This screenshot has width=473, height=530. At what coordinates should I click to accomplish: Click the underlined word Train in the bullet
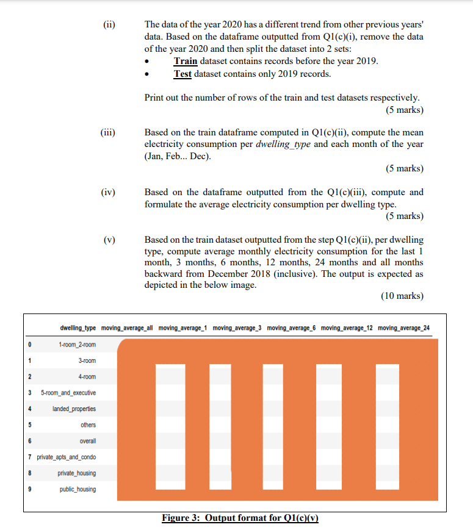[x=186, y=61]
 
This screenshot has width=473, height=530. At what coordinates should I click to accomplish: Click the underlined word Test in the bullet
[x=182, y=74]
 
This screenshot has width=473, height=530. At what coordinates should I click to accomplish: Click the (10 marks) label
[x=402, y=296]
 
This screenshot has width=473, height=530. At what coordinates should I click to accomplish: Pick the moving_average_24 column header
[x=403, y=328]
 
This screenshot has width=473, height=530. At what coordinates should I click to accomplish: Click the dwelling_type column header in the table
[x=77, y=328]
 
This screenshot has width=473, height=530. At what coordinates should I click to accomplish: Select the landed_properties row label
[x=74, y=409]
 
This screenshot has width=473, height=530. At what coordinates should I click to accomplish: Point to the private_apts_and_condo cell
[x=67, y=457]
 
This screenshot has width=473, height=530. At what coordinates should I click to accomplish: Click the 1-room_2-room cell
[x=78, y=345]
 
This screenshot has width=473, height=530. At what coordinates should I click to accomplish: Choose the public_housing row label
[x=78, y=489]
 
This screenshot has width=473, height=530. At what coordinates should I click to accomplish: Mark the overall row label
[x=87, y=441]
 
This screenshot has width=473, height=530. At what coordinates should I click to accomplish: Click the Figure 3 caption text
[x=240, y=518]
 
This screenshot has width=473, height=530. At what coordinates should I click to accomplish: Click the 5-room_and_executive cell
[x=67, y=393]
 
